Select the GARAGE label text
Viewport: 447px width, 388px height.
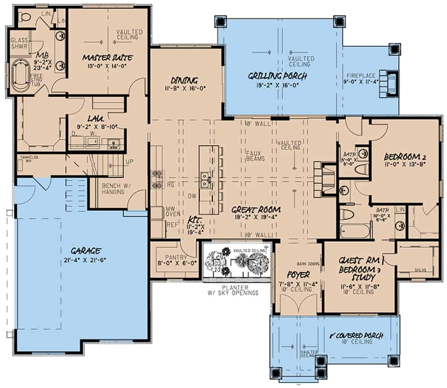pos(84,251)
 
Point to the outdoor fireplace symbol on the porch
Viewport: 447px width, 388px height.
pos(389,82)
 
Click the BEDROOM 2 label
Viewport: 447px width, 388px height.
pos(404,157)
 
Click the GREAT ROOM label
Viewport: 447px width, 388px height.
pos(256,209)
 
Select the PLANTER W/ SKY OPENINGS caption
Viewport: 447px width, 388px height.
pos(237,290)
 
